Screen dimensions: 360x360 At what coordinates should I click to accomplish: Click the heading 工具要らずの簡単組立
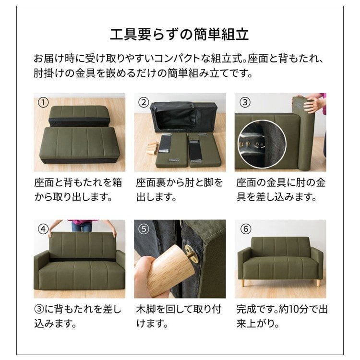tap(180, 35)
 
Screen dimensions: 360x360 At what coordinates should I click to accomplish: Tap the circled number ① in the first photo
tap(43, 102)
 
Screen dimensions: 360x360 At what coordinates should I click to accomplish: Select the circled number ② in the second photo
tap(144, 102)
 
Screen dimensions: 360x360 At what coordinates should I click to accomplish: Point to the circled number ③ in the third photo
tap(245, 102)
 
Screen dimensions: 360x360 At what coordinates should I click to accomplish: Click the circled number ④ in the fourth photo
tap(43, 229)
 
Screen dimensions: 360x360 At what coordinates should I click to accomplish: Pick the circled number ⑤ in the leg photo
tap(144, 229)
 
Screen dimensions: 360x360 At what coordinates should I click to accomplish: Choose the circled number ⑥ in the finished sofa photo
tap(245, 229)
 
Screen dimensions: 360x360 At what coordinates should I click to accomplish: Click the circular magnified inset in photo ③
tap(262, 144)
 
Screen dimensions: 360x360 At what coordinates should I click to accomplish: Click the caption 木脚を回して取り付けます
tap(179, 316)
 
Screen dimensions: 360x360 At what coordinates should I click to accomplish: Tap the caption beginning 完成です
tap(282, 316)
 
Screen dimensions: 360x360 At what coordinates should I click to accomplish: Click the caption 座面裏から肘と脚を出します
tap(179, 190)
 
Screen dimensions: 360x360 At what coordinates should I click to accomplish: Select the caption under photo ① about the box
tap(78, 190)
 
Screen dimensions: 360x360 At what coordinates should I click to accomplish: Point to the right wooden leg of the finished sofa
tap(318, 282)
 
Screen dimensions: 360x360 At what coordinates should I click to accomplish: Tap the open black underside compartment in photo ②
tap(175, 118)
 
